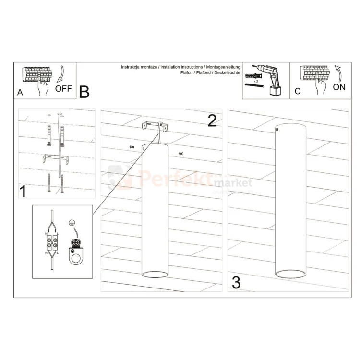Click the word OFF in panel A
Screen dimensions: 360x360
tap(64, 88)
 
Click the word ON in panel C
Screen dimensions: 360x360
tap(339, 87)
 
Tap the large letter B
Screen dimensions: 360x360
tap(84, 91)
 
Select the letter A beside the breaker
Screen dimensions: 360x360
tap(20, 92)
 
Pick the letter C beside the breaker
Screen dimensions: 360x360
tap(298, 91)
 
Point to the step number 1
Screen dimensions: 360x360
tap(22, 192)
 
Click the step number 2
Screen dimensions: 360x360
tap(212, 120)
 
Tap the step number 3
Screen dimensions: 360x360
tap(236, 283)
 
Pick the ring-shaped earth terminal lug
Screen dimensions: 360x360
tap(75, 258)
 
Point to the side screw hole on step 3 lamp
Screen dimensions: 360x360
tap(277, 129)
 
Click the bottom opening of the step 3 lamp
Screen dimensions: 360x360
tap(290, 275)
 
